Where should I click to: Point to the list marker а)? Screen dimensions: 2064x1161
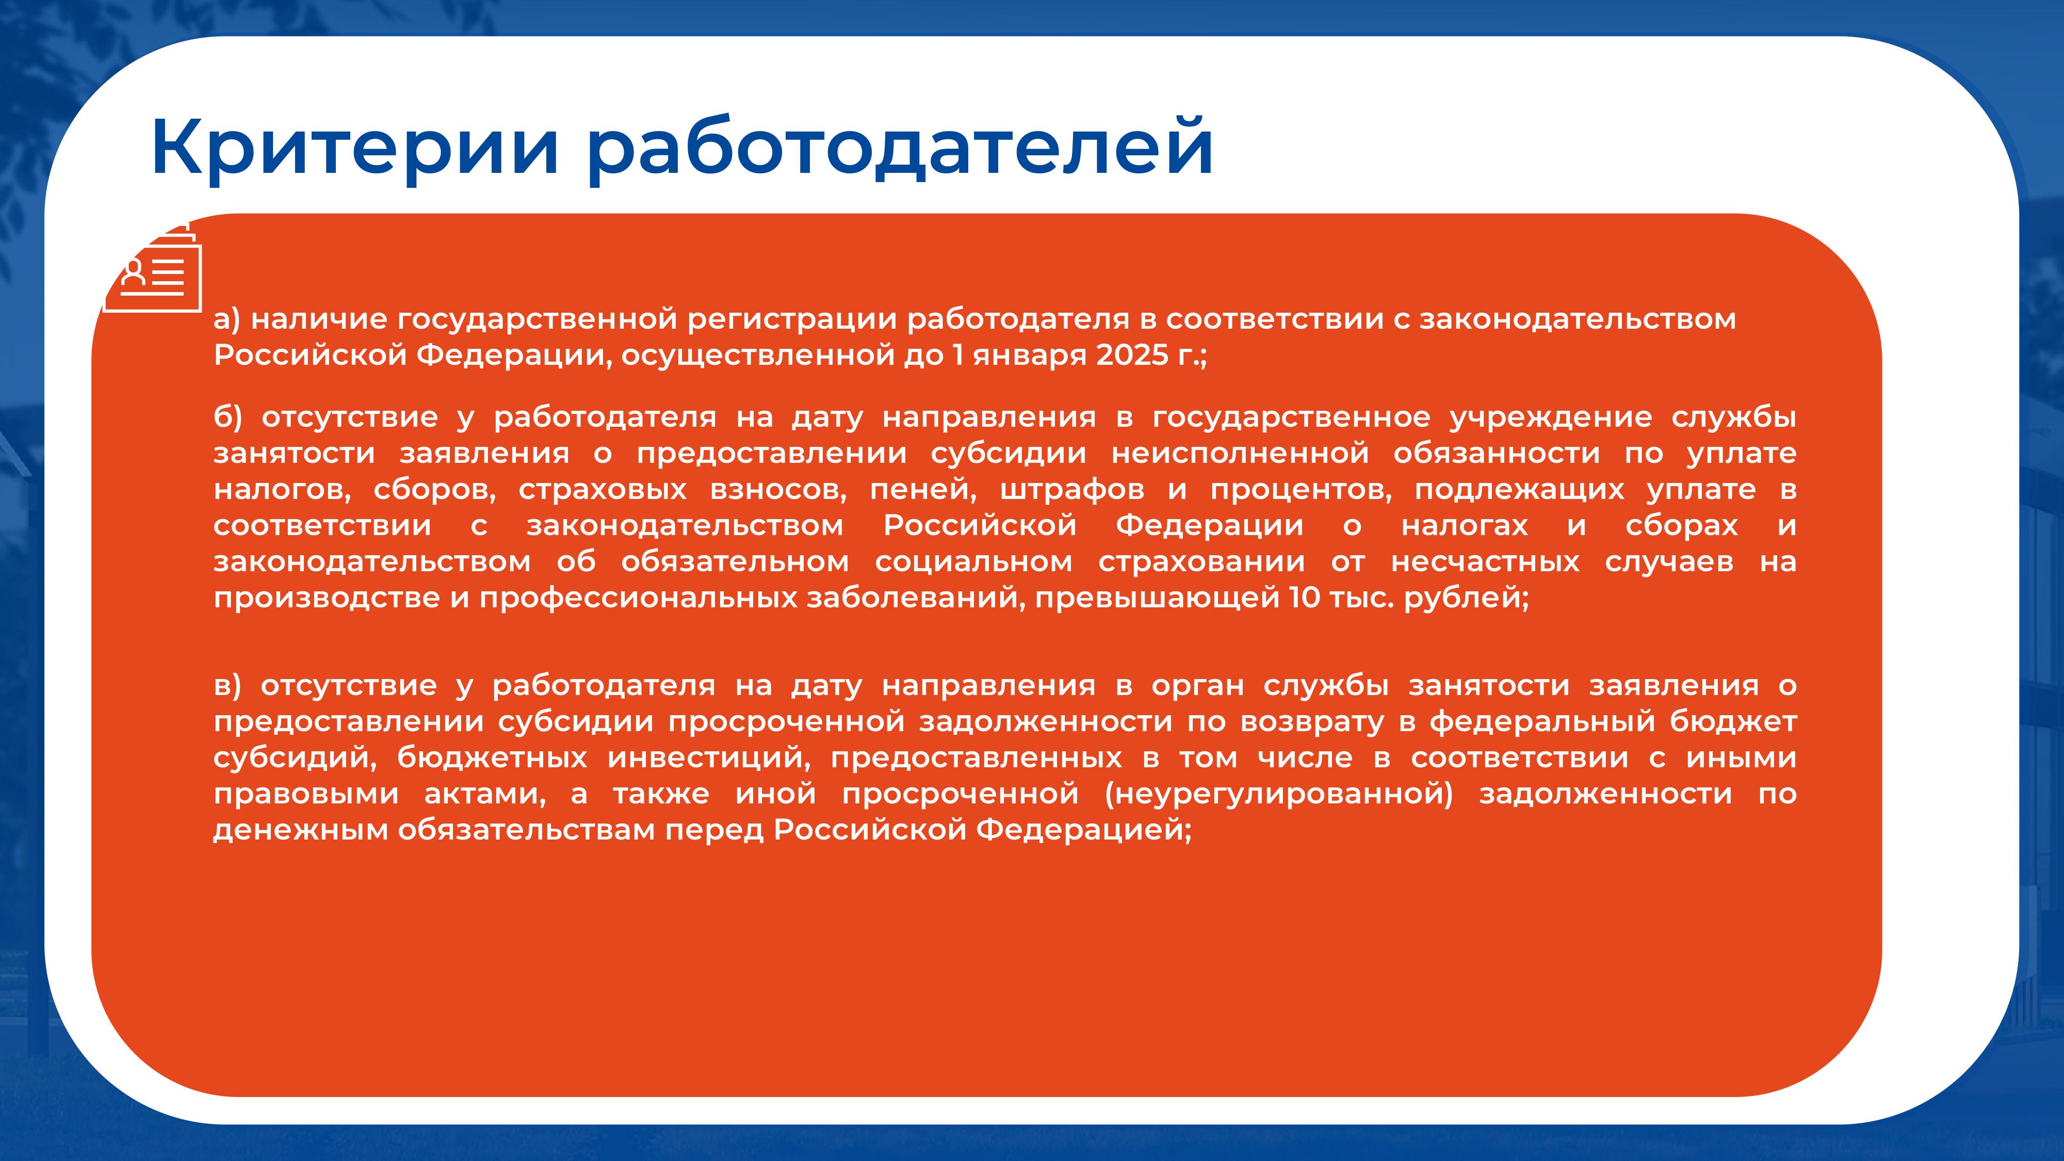click(227, 320)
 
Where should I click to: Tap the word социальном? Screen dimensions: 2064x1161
click(973, 562)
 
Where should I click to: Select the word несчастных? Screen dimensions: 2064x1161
click(1485, 562)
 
